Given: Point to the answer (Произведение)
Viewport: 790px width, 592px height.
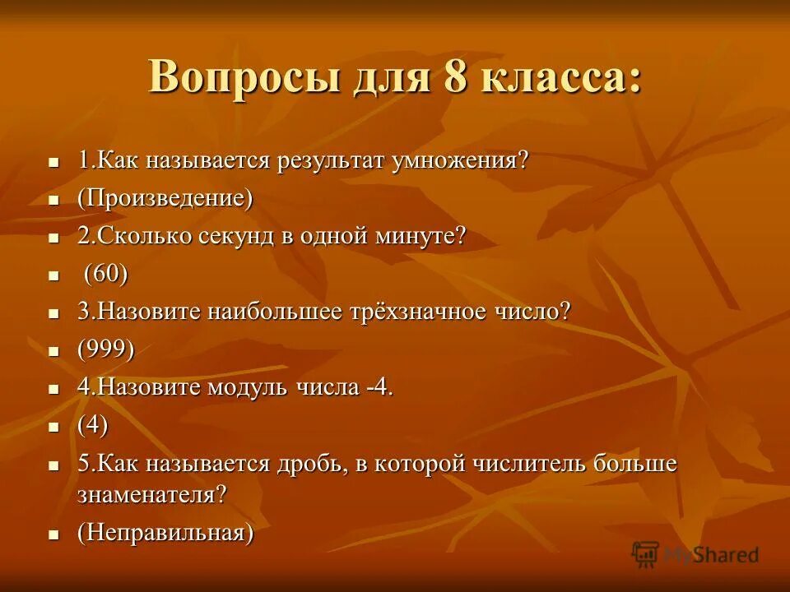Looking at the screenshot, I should pyautogui.click(x=165, y=198).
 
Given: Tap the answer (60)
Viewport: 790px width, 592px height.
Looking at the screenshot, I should pyautogui.click(x=106, y=274).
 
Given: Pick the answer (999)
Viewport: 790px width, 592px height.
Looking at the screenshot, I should pyautogui.click(x=106, y=350).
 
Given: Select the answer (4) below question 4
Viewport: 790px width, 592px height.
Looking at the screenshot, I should pyautogui.click(x=93, y=426).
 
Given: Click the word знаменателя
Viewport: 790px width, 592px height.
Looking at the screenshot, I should pyautogui.click(x=151, y=495).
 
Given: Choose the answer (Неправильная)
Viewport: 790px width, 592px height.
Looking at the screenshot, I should pyautogui.click(x=165, y=533).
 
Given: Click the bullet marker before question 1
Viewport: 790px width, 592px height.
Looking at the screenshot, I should pyautogui.click(x=54, y=161).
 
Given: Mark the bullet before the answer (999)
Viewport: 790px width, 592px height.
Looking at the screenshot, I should pyautogui.click(x=54, y=352).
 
